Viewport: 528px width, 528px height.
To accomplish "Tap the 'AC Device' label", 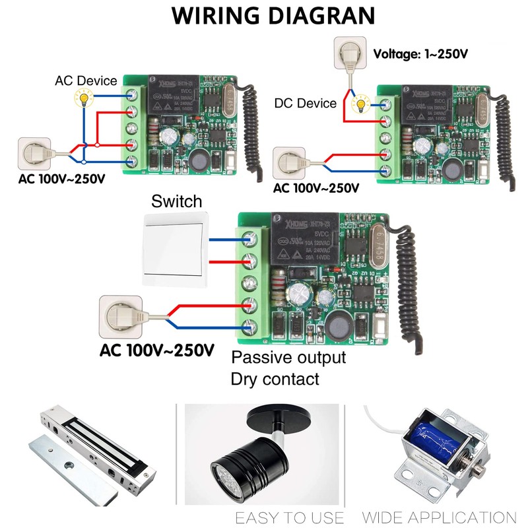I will point(86,81).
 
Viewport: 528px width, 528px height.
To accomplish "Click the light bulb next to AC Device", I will point(84,99).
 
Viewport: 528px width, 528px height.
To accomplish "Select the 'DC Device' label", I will point(306,103).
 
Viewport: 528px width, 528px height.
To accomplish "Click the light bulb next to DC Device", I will point(361,104).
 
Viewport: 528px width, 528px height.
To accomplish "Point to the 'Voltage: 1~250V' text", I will point(421,53).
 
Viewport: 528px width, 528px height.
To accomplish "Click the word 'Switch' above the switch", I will point(177,201).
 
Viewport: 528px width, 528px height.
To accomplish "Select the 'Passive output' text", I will point(288,358).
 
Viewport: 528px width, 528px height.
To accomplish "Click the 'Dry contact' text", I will point(275,379).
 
